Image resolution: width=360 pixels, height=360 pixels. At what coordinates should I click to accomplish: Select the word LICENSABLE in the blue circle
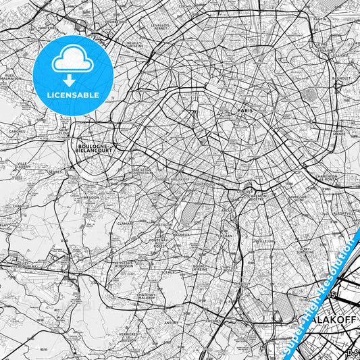(x=72, y=95)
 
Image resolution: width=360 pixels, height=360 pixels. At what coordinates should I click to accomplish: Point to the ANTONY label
(x=172, y=322)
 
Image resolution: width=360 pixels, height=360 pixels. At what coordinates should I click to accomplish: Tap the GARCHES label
(x=17, y=130)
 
